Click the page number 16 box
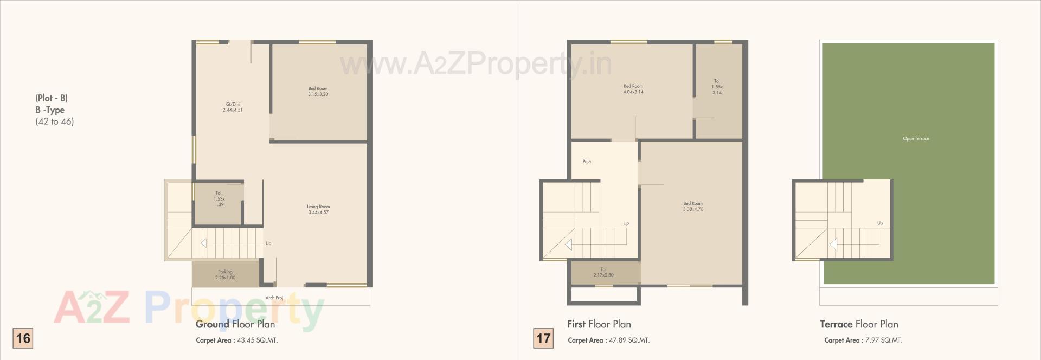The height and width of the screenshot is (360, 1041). (23, 338)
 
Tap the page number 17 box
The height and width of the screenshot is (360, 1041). (543, 338)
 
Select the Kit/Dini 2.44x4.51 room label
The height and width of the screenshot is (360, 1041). (232, 107)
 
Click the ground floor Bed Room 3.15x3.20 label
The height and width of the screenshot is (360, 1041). (318, 91)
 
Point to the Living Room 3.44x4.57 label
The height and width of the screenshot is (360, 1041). (318, 209)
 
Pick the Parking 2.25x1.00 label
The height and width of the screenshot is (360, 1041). (225, 275)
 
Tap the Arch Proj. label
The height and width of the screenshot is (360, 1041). (274, 298)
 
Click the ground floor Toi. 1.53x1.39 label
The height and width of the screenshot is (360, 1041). (219, 198)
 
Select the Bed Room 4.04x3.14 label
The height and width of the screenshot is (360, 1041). (633, 89)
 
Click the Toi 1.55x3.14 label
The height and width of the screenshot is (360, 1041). (717, 87)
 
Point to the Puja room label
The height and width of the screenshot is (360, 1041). (587, 162)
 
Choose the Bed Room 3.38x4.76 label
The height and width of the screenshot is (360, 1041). (693, 206)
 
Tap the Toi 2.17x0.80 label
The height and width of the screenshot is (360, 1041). (603, 272)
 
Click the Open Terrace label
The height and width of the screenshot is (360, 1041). (916, 139)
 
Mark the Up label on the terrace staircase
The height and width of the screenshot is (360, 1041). (880, 223)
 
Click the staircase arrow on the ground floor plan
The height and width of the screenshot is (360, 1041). (203, 243)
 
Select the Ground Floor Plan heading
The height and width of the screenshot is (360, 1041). (235, 324)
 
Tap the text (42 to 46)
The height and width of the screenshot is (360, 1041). (55, 121)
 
